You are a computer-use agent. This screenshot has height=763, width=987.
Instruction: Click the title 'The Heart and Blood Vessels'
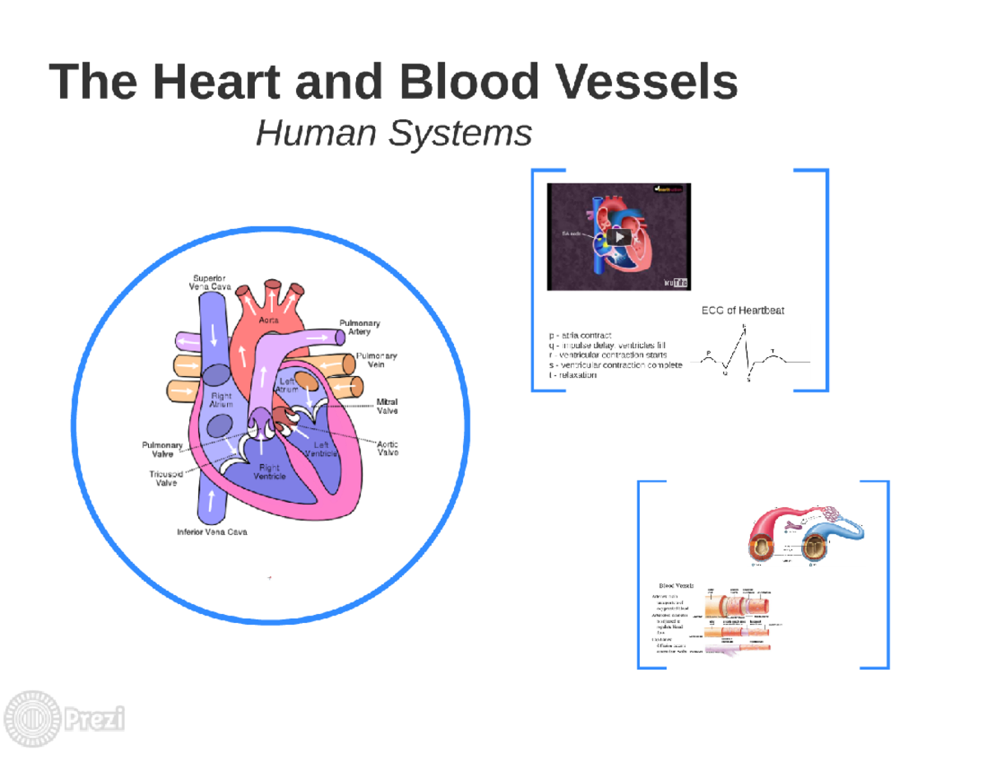tap(393, 82)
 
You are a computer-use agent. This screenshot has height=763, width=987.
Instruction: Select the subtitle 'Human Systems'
tap(393, 133)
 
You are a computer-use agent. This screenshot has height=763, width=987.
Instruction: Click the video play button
tap(620, 237)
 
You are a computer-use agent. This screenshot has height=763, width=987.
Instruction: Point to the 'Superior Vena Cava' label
tap(210, 282)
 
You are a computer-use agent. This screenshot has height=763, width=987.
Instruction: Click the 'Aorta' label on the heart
tap(269, 319)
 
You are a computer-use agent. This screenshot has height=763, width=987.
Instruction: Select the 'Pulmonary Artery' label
tap(359, 327)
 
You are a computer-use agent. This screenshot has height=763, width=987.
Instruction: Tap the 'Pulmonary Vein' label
tap(376, 360)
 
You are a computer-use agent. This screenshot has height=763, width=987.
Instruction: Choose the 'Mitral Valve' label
tap(387, 406)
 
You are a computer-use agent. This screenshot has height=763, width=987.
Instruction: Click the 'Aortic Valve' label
tap(388, 448)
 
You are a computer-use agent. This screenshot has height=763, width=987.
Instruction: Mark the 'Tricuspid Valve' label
tap(166, 478)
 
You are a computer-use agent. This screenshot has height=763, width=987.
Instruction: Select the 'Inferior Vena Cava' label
tap(212, 532)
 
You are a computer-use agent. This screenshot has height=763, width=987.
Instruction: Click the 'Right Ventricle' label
tap(269, 472)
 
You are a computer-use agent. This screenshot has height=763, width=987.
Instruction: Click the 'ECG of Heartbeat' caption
tap(742, 310)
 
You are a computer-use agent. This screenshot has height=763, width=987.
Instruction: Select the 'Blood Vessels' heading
tap(672, 586)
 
